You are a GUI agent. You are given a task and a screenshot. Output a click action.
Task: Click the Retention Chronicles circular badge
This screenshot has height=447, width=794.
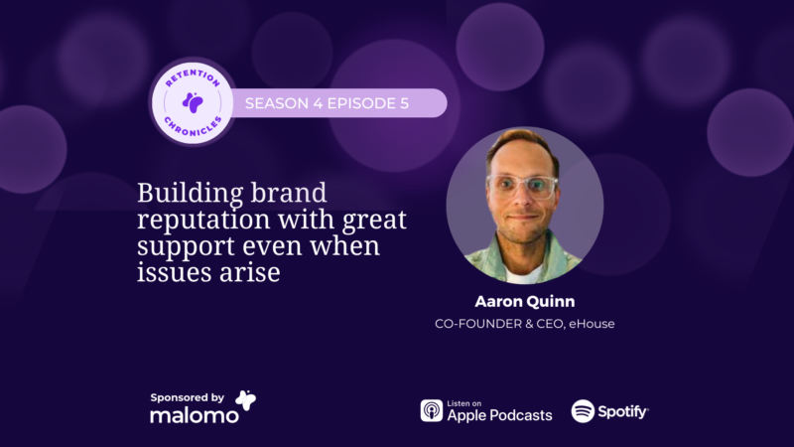(x=193, y=103)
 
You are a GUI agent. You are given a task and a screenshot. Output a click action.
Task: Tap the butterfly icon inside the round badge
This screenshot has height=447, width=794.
(x=193, y=102)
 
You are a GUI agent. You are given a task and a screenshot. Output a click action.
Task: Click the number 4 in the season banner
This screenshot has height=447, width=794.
(x=318, y=103)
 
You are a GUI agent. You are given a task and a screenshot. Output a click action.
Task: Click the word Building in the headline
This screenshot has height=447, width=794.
(x=189, y=194)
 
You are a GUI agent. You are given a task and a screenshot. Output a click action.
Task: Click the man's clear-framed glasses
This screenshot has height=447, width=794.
(x=523, y=186)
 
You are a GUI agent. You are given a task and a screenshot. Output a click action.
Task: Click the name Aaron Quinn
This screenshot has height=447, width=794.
(x=525, y=302)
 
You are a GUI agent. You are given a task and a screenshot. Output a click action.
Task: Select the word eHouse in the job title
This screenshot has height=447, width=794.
(x=592, y=324)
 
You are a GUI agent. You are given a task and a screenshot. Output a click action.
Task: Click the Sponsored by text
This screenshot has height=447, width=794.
(x=187, y=398)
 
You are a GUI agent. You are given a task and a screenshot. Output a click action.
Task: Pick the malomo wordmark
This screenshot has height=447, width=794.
(x=194, y=415)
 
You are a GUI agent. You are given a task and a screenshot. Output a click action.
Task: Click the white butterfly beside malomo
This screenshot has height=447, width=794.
(x=246, y=400)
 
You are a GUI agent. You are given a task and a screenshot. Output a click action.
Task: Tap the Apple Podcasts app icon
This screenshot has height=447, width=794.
(x=432, y=410)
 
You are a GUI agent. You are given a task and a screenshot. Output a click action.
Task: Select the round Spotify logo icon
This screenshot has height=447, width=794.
(x=583, y=411)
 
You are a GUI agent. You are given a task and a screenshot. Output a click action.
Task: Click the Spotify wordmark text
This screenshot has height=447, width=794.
(x=623, y=411)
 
